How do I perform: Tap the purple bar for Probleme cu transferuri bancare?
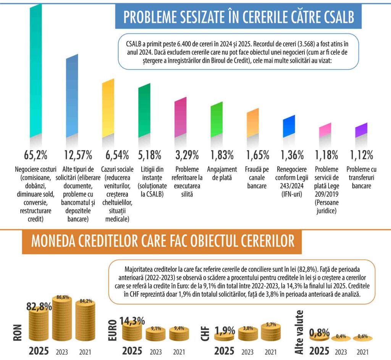point(361,131)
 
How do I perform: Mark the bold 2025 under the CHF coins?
point(224,351)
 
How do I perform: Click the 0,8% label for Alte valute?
point(319,333)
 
